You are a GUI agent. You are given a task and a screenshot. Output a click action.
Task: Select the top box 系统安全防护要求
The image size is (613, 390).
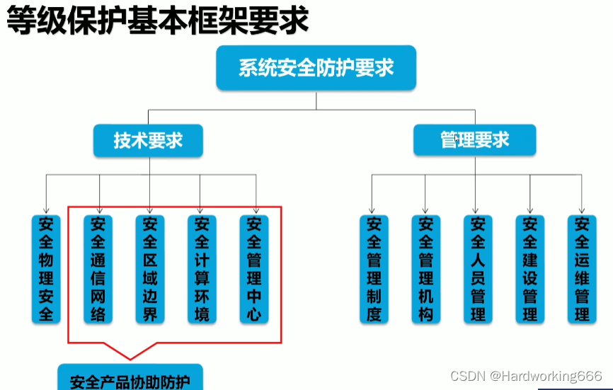tap(316, 69)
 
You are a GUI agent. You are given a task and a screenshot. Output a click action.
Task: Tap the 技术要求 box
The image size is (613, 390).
tap(148, 140)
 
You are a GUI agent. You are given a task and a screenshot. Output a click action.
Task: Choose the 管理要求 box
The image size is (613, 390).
tap(475, 139)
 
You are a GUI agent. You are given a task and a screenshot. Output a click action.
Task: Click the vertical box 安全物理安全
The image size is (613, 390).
tap(46, 269)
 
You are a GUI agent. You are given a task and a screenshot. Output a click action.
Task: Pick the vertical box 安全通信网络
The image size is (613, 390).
tap(98, 269)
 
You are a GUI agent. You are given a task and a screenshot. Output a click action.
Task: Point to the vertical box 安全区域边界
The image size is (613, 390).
tap(150, 269)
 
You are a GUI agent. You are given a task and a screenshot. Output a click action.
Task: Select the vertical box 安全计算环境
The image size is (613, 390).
tap(202, 269)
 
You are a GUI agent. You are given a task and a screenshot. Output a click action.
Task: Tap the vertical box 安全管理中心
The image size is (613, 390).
tap(254, 269)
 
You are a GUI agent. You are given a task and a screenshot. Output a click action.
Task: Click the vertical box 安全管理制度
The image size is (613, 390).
tap(374, 269)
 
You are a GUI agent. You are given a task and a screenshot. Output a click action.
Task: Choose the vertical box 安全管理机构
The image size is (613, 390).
tap(425, 269)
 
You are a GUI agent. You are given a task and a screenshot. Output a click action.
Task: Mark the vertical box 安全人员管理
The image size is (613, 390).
tap(478, 269)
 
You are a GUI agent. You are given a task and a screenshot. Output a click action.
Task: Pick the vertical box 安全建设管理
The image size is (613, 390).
tap(530, 269)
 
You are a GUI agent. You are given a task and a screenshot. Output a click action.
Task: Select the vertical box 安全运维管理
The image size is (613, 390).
tap(582, 269)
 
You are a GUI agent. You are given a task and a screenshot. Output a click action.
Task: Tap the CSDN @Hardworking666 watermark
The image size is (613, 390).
tap(526, 376)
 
